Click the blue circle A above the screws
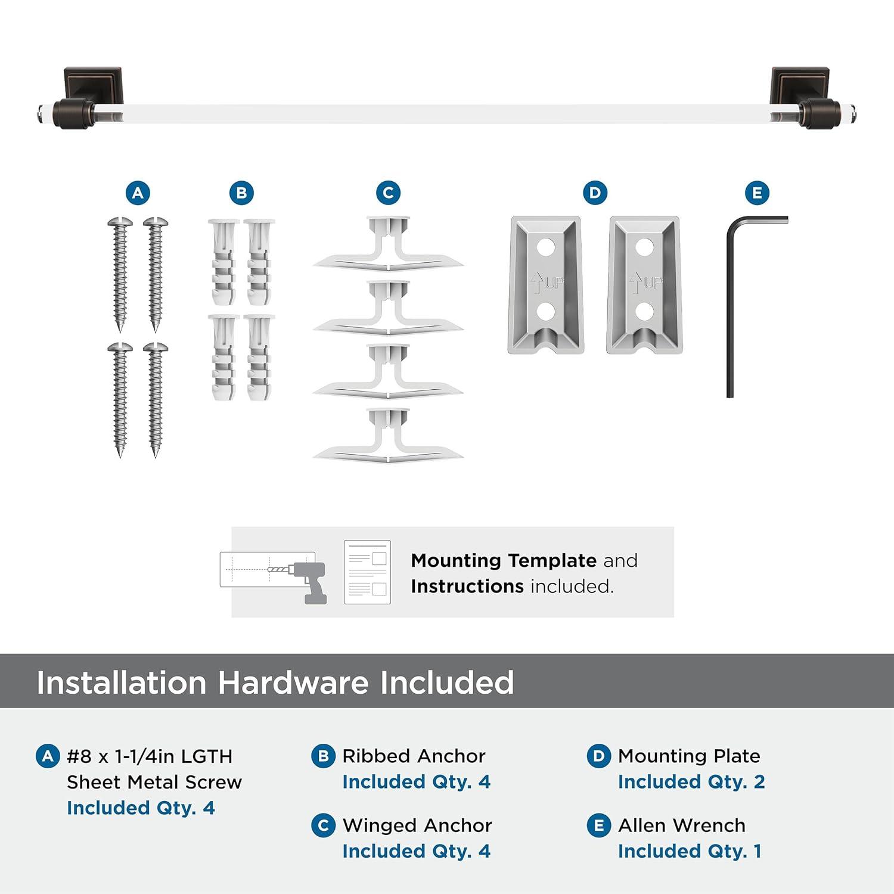tap(138, 193)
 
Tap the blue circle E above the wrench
tap(757, 193)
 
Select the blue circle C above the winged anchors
tap(388, 193)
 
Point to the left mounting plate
tap(545, 285)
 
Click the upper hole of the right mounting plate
tap(644, 247)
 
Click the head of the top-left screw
tap(120, 222)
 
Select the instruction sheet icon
tap(367, 572)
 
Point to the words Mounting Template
tap(503, 560)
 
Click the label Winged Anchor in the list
tap(417, 825)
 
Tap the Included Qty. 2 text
tap(691, 782)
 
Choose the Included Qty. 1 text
tap(690, 852)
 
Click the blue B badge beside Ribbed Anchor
tap(323, 756)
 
